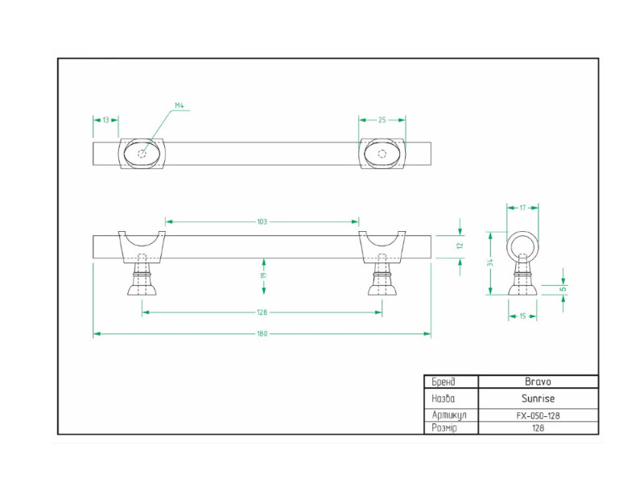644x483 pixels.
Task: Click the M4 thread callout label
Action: (x=180, y=105)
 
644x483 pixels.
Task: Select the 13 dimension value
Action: (x=106, y=120)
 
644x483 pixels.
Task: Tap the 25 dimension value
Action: (x=382, y=120)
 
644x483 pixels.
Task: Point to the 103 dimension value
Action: (x=262, y=222)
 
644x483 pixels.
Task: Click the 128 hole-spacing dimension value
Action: (x=262, y=312)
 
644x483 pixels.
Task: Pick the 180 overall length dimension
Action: (x=262, y=334)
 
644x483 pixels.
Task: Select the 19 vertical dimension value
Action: (x=264, y=275)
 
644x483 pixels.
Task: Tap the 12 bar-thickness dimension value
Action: (x=460, y=246)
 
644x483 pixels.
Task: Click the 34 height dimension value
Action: (x=490, y=262)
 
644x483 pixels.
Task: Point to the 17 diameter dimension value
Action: (x=522, y=208)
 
